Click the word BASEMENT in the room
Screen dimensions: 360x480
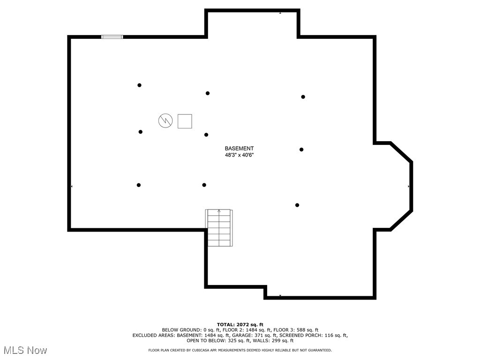[239, 148]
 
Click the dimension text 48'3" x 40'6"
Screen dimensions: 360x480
[239, 155]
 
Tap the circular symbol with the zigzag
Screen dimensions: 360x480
[165, 121]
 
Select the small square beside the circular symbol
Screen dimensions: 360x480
[185, 121]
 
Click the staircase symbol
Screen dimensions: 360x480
[219, 228]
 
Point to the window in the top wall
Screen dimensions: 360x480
[112, 37]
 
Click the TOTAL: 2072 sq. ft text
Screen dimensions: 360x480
[240, 324]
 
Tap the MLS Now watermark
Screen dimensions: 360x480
[25, 350]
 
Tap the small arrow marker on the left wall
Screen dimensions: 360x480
[72, 187]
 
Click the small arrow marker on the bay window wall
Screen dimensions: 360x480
[409, 187]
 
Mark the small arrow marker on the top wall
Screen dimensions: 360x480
[280, 13]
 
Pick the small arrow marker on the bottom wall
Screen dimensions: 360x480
[280, 296]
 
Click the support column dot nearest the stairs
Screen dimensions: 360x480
[204, 185]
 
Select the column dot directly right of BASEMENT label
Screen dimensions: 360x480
[301, 150]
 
